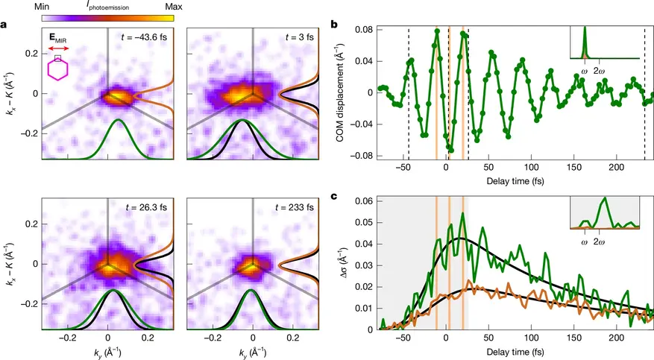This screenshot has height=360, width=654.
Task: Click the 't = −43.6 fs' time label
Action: pyautogui.click(x=144, y=37)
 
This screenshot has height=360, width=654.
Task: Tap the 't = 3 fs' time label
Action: pyautogui.click(x=300, y=37)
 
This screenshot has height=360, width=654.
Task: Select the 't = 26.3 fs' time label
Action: pyautogui.click(x=146, y=207)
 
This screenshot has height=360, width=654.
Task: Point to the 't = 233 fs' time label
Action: pyautogui.click(x=295, y=207)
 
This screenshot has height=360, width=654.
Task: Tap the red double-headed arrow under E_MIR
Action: pyautogui.click(x=59, y=48)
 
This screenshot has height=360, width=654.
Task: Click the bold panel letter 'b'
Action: pyautogui.click(x=333, y=25)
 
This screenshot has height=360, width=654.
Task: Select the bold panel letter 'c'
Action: pyautogui.click(x=333, y=196)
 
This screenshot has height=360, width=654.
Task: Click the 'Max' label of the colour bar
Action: pyautogui.click(x=174, y=7)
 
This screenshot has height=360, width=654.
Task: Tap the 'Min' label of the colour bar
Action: pyautogui.click(x=41, y=7)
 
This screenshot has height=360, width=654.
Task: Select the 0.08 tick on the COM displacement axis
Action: pyautogui.click(x=363, y=30)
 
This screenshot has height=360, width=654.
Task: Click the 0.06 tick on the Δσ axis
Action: pyautogui.click(x=363, y=201)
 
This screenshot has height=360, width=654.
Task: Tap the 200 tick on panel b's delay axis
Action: pyautogui.click(x=617, y=168)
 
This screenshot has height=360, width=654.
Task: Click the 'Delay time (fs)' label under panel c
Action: pyautogui.click(x=515, y=352)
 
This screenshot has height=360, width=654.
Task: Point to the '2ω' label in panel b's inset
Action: pyautogui.click(x=599, y=72)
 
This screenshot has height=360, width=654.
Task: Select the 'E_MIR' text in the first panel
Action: pyautogui.click(x=58, y=38)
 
